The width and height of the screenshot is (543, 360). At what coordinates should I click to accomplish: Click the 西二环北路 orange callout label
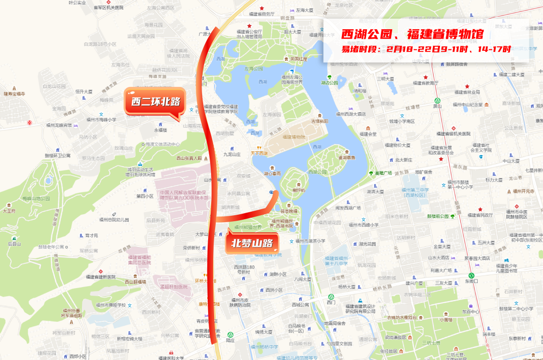pyautogui.click(x=155, y=102)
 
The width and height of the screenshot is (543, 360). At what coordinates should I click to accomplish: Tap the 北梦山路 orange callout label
pyautogui.click(x=252, y=243)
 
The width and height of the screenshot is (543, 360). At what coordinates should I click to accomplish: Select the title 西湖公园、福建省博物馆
pyautogui.click(x=412, y=34)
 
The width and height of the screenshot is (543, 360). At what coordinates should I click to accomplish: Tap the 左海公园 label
pyautogui.click(x=254, y=69)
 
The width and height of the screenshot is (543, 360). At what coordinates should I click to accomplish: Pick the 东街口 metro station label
pyautogui.click(x=471, y=281)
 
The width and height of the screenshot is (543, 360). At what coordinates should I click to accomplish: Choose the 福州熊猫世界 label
pyautogui.click(x=248, y=227)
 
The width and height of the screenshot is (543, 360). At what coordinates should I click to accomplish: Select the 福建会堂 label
pyautogui.click(x=368, y=134)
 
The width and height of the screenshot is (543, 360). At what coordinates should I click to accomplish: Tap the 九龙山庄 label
pyautogui.click(x=232, y=154)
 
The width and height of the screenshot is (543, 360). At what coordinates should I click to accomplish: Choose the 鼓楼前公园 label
pyautogui.click(x=437, y=216)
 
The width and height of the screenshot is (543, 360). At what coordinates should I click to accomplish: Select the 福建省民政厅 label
pyautogui.click(x=480, y=215)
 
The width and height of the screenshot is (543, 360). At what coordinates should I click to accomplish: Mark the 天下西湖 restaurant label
pyautogui.click(x=259, y=153)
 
